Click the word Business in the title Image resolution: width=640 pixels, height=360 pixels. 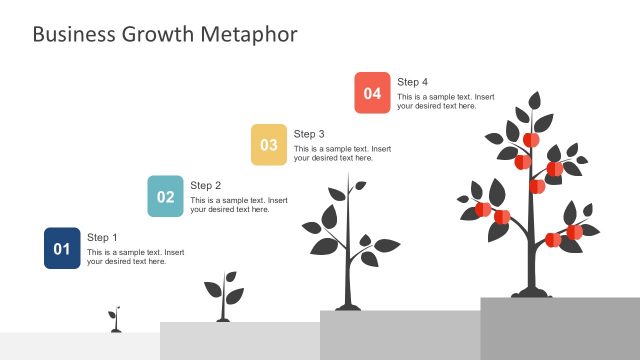point(73,35)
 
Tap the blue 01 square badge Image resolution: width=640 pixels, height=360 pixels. point(62,249)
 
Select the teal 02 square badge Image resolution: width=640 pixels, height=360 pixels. point(165,197)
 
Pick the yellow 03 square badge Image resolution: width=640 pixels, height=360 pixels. point(269,145)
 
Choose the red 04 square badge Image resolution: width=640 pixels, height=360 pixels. point(372,93)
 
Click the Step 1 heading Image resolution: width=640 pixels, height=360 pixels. point(102,237)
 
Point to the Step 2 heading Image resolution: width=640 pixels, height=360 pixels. point(205,185)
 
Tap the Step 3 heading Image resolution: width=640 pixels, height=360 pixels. point(309,133)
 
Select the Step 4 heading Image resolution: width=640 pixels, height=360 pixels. point(412,81)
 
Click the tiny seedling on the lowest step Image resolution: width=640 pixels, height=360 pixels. point(115,320)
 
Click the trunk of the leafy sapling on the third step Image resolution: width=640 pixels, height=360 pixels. point(347,270)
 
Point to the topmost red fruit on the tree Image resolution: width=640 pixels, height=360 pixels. point(531,139)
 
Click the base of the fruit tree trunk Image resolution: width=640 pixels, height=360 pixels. point(530,292)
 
